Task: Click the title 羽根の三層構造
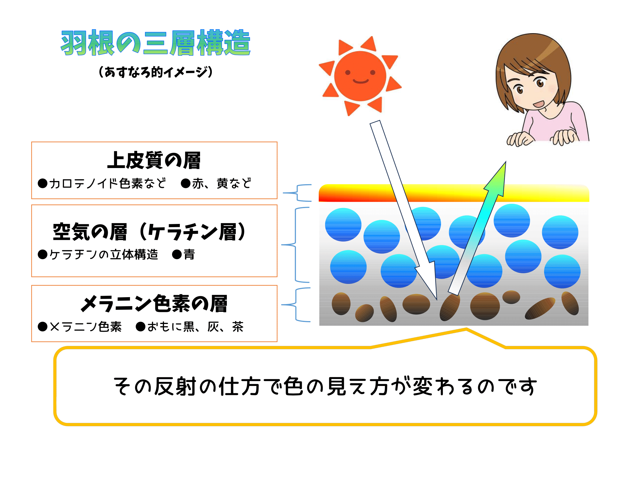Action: tap(156, 43)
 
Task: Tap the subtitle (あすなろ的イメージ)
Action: tap(156, 72)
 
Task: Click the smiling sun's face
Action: tap(360, 76)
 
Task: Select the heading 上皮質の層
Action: tap(154, 160)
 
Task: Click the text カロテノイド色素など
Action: tap(107, 183)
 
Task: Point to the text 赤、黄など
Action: tap(222, 183)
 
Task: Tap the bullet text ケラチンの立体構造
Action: tap(104, 255)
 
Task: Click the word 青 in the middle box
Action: tap(189, 255)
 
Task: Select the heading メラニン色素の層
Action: tap(154, 304)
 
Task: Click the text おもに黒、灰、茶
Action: tap(195, 327)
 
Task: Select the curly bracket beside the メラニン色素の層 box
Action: tap(295, 304)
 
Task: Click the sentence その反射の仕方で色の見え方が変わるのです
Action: tap(325, 386)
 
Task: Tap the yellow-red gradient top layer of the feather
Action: tap(454, 193)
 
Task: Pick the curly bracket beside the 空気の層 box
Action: tap(295, 245)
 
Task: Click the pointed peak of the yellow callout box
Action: tap(466, 329)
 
